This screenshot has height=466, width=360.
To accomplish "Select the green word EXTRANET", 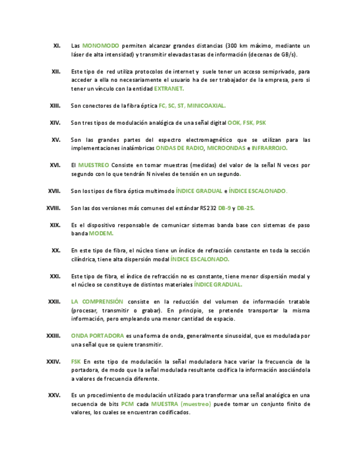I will click(x=169, y=88).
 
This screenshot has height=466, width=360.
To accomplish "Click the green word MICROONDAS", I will click(x=226, y=148).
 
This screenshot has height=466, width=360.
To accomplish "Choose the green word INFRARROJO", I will click(x=269, y=148).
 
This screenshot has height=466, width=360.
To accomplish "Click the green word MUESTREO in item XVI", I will click(x=93, y=165).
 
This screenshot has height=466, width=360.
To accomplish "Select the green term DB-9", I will click(x=224, y=208).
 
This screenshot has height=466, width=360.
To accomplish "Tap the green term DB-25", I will click(x=246, y=208).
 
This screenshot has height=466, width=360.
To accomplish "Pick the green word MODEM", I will click(x=101, y=234).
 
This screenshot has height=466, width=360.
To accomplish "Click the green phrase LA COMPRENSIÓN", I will click(x=97, y=302).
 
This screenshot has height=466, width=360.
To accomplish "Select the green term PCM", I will click(x=128, y=404).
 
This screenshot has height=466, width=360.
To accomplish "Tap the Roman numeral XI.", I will click(x=57, y=46).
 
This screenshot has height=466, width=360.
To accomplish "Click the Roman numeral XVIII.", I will click(x=53, y=208).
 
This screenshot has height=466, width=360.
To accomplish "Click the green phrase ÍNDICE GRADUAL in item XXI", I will click(x=218, y=285).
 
